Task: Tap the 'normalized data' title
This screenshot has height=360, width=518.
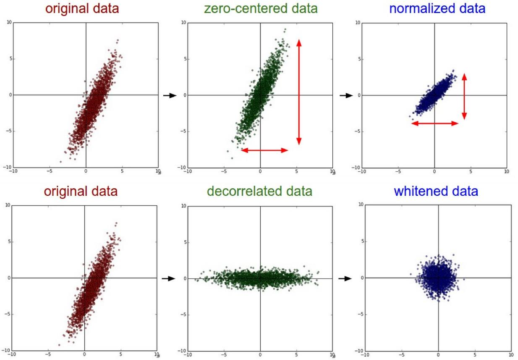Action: [x=437, y=8]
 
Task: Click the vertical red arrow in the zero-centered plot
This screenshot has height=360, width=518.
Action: [x=299, y=92]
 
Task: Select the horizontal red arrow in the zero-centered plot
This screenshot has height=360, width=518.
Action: [x=264, y=150]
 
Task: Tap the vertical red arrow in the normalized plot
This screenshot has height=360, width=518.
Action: [x=464, y=96]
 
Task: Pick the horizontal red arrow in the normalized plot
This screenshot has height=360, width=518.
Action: [x=435, y=124]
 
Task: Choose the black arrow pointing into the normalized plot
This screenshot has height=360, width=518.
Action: [x=345, y=95]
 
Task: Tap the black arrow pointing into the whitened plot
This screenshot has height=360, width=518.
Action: [x=345, y=278]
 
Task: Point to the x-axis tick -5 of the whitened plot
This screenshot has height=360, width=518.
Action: [x=402, y=355]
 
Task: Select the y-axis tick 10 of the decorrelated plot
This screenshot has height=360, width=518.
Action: [x=183, y=206]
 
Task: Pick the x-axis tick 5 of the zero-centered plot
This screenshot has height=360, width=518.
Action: [x=296, y=172]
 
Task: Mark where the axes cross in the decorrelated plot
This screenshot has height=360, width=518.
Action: [x=260, y=278]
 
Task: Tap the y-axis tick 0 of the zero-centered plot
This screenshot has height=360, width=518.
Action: [x=184, y=95]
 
